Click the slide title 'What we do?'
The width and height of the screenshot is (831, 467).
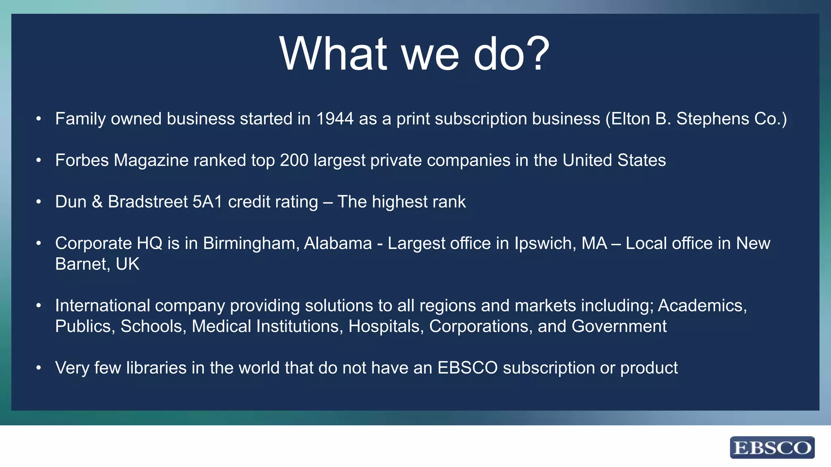point(414,54)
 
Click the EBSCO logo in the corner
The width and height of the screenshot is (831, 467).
point(772,448)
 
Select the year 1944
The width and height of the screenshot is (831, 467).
point(335,119)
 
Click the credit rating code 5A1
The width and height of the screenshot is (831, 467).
point(207,202)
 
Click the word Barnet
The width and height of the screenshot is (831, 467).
point(81,264)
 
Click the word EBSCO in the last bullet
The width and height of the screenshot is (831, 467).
point(467,368)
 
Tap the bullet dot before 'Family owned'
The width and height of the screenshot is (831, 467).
point(39,119)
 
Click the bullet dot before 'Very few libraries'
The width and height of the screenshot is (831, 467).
point(39,368)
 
